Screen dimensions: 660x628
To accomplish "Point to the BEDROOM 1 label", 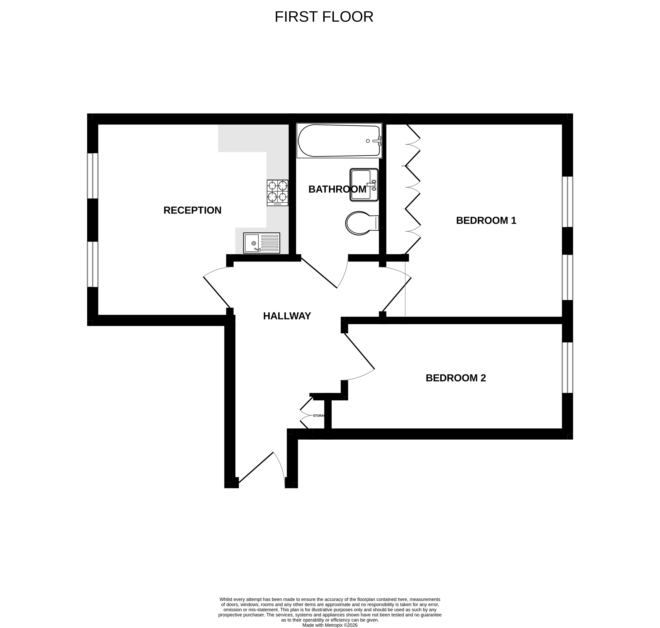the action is [486, 220].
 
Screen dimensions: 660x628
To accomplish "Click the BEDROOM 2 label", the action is [455, 378].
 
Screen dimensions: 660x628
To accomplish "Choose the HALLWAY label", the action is [287, 316].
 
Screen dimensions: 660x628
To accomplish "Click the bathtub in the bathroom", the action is [339, 141].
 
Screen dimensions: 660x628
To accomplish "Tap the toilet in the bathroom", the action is [362, 223].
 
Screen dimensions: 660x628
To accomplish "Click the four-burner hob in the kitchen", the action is [277, 193].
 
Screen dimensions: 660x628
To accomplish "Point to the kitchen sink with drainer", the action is [261, 243].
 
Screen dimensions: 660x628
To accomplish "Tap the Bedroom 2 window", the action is [567, 367].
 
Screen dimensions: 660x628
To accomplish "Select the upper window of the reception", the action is [93, 176].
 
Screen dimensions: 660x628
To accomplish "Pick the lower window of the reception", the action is [93, 264].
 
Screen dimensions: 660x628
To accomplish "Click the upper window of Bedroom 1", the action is [567, 202].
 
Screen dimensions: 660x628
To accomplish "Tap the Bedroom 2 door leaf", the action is [359, 351].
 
